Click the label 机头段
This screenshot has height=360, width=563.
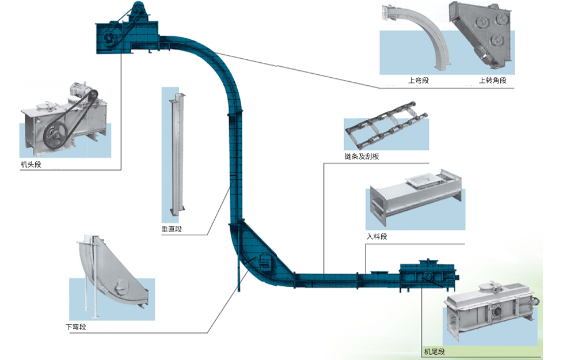pyautogui.click(x=31, y=165)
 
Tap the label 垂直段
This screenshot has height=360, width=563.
pyautogui.click(x=172, y=229)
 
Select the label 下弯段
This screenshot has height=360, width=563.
pyautogui.click(x=75, y=327)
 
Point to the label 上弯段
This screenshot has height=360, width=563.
pyautogui.click(x=419, y=81)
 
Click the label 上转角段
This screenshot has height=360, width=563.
pyautogui.click(x=492, y=81)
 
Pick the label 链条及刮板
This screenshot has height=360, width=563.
pyautogui.click(x=362, y=157)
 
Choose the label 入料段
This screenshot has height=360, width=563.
pyautogui.click(x=376, y=237)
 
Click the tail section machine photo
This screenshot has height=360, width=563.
pyautogui.click(x=492, y=314)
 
